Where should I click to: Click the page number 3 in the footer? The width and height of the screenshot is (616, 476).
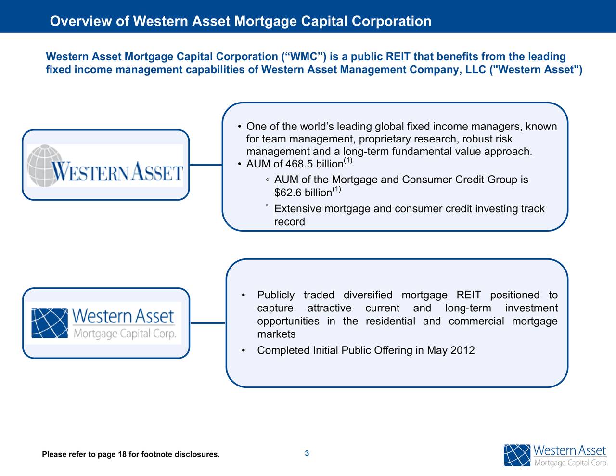(307, 453)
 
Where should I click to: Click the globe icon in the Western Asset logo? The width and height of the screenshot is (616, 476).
(45, 163)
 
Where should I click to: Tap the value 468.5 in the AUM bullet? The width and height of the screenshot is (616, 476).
(299, 165)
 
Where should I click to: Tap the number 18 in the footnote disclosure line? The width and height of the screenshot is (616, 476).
(122, 455)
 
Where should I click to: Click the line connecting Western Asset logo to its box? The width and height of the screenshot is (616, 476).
(205, 165)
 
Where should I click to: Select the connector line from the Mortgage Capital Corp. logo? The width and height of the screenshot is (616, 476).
(208, 323)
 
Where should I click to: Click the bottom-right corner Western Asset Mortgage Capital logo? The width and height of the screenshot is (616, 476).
(555, 455)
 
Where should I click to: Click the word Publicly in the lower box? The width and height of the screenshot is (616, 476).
(276, 295)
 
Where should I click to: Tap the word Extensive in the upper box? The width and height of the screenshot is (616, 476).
(298, 209)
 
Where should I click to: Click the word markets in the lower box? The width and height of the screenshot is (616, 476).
(276, 334)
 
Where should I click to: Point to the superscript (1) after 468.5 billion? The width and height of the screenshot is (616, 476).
(348, 161)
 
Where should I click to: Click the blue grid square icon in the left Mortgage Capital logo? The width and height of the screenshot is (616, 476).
(50, 323)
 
